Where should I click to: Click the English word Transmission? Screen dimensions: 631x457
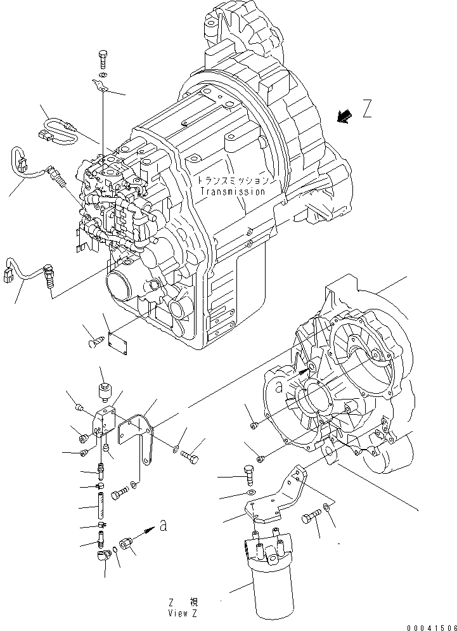pos(232,191)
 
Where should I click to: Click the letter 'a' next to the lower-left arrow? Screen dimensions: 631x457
pos(163,526)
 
